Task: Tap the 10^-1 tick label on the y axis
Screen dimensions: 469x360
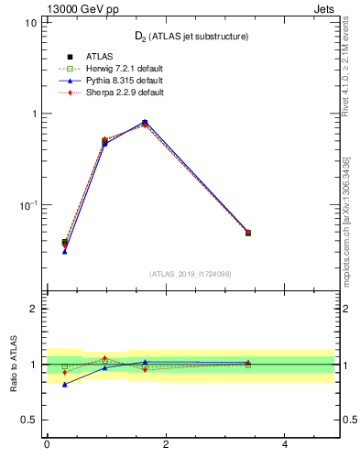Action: coord(27,204)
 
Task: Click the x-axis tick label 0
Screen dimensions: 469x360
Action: coord(47,445)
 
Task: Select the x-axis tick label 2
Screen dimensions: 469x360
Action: coord(166,445)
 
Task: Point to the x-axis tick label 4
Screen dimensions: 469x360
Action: coord(285,445)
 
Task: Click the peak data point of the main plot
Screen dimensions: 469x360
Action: coord(145,123)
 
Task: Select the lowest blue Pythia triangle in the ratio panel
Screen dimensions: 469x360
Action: coord(65,385)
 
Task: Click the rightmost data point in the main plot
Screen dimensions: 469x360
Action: coord(248,233)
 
